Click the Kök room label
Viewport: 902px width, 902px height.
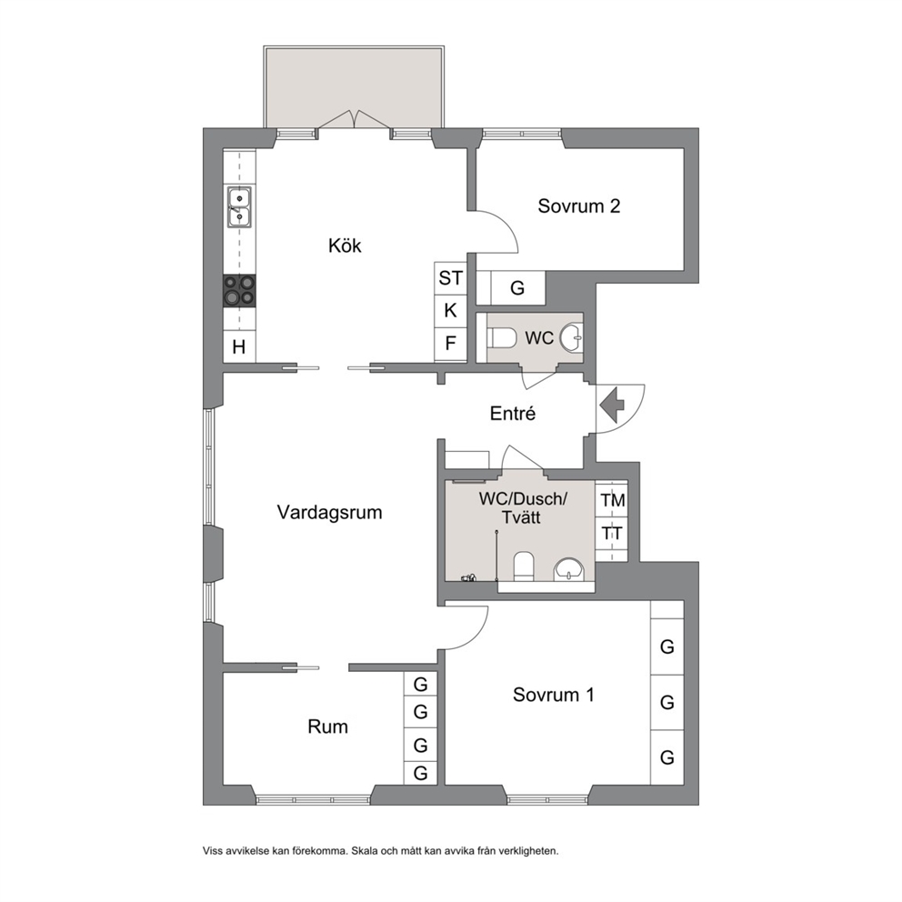click(x=345, y=246)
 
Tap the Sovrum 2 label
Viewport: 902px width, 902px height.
click(x=578, y=205)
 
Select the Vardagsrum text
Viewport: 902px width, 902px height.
click(x=330, y=512)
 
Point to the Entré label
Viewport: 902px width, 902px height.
click(x=513, y=413)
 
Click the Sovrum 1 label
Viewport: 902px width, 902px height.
click(x=554, y=695)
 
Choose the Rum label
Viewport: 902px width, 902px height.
click(x=328, y=727)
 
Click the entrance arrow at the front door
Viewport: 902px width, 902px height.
click(x=612, y=406)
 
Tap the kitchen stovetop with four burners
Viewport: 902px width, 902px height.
click(x=239, y=290)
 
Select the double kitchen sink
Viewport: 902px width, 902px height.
click(x=239, y=206)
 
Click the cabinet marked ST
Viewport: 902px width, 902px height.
click(x=450, y=278)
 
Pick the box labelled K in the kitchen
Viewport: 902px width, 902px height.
click(x=450, y=311)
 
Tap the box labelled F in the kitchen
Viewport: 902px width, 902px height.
click(x=450, y=344)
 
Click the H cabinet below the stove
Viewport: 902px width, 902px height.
click(x=239, y=346)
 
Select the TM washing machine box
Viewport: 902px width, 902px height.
click(x=612, y=500)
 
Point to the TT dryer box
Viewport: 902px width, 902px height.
click(x=612, y=534)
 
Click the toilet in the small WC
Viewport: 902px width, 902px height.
click(x=502, y=337)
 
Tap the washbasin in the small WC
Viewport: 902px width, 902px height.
click(x=571, y=337)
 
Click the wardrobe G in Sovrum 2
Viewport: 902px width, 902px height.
click(x=517, y=287)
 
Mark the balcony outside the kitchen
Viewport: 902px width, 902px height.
click(x=354, y=87)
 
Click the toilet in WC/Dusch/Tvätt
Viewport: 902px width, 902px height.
click(x=524, y=566)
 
